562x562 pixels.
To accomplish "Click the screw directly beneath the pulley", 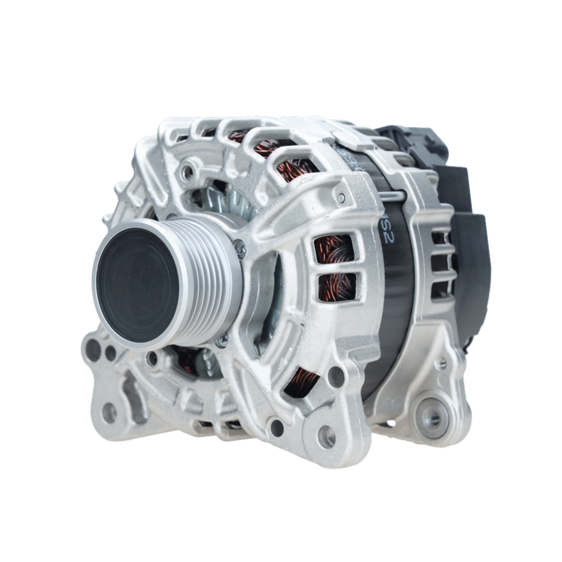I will [223, 339].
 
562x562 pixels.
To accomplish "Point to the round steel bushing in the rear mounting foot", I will [431, 417].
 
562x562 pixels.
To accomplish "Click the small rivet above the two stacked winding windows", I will [341, 197].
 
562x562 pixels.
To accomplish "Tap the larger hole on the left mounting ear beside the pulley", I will [93, 350].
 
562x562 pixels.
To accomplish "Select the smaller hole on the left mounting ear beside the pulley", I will [111, 353].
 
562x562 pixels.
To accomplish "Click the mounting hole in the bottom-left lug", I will [109, 413].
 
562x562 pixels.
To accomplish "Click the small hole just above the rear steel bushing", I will [442, 363].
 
